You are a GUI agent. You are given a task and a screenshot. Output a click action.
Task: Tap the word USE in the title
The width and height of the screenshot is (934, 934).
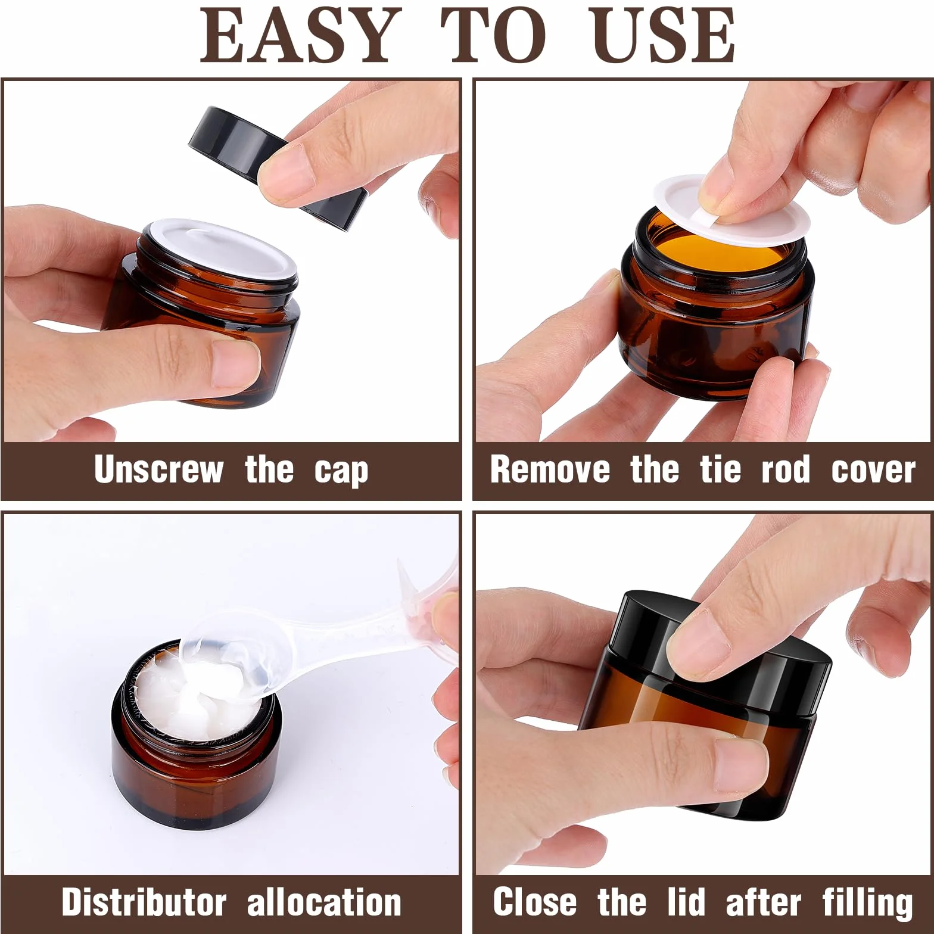[661, 35]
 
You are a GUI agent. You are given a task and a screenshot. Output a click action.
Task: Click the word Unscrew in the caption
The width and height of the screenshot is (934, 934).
[158, 469]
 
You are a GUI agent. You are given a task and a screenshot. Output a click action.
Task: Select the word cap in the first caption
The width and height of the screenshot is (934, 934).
[341, 472]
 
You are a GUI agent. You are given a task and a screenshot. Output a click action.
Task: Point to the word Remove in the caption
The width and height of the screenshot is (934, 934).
[550, 469]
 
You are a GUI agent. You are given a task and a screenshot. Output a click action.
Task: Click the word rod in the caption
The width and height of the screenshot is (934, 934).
[786, 469]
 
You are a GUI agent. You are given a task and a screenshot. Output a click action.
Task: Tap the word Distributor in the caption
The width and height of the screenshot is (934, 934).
[144, 902]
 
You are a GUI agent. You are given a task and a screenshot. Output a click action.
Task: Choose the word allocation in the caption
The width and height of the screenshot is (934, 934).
[324, 902]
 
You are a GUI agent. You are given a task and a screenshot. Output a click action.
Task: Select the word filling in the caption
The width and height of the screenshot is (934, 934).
[867, 904]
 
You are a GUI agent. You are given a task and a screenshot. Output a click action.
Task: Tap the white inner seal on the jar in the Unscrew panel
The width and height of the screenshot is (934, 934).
[221, 250]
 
